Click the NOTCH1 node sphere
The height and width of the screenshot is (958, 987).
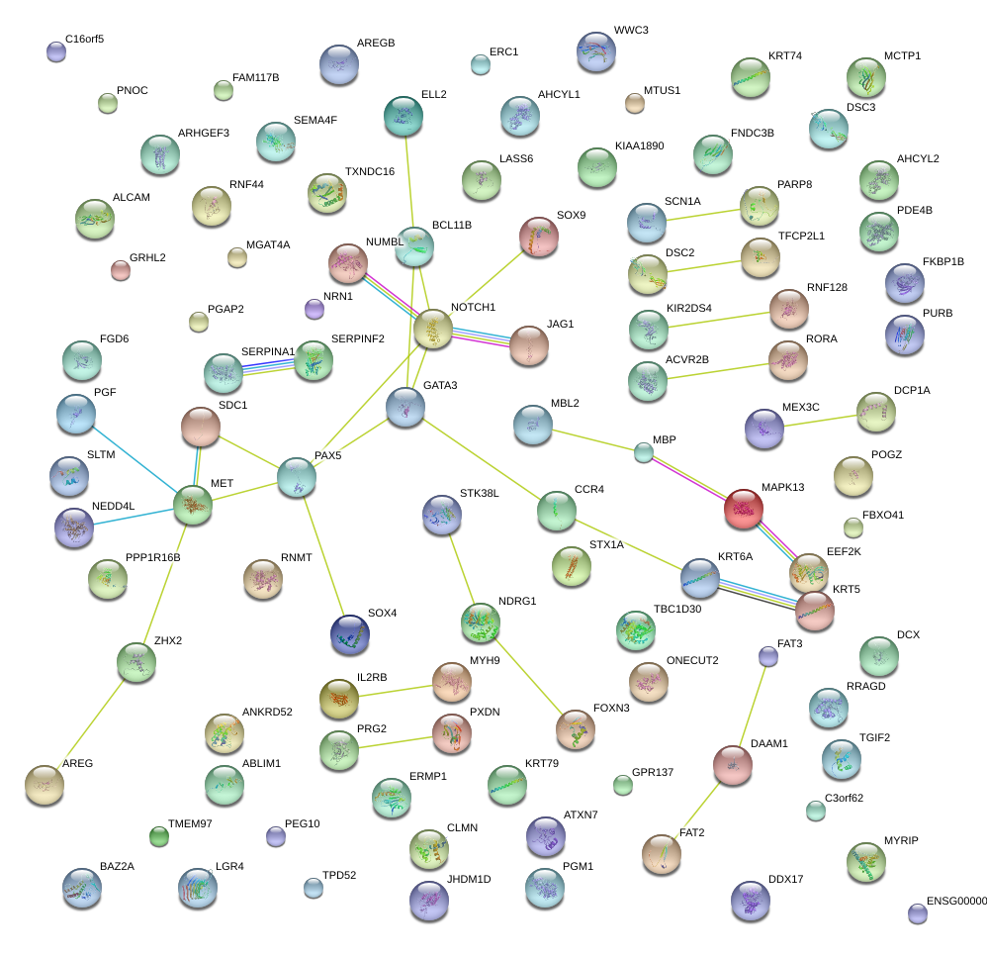[x=433, y=329]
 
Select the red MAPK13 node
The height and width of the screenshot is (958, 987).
[x=744, y=508]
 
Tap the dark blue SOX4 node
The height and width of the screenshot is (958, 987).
[x=350, y=633]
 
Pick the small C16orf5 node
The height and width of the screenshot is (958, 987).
[x=56, y=51]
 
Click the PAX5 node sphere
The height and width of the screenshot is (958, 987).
[x=297, y=476]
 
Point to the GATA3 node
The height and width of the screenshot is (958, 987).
[x=405, y=407]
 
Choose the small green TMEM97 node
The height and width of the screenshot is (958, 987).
[x=158, y=836]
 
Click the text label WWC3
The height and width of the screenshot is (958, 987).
[x=631, y=31]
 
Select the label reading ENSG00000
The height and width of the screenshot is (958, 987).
[x=956, y=902]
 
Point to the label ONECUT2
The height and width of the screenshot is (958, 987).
[x=692, y=660]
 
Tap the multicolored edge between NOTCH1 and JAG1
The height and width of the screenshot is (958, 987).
[x=482, y=338]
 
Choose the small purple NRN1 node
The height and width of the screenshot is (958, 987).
[x=314, y=309]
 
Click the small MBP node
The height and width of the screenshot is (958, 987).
[x=644, y=453]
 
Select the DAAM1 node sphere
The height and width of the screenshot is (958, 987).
[x=733, y=764]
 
